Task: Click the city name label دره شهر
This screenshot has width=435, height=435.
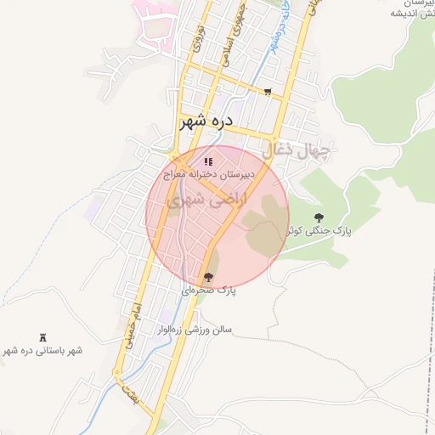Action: tap(206, 122)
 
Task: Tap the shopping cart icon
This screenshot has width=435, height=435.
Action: tap(268, 92)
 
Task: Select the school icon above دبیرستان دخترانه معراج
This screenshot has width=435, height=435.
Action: tap(208, 161)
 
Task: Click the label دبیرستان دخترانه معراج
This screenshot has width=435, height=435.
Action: tap(209, 175)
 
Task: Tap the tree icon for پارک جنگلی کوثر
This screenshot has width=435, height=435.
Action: tap(319, 217)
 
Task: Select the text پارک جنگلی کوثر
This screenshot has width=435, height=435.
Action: tap(319, 230)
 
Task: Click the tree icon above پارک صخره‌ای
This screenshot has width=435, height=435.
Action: tap(208, 277)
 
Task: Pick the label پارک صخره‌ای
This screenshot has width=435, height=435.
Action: tap(208, 291)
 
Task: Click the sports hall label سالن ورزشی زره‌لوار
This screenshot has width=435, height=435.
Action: tap(197, 330)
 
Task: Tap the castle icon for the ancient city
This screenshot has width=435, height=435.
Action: tap(43, 337)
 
